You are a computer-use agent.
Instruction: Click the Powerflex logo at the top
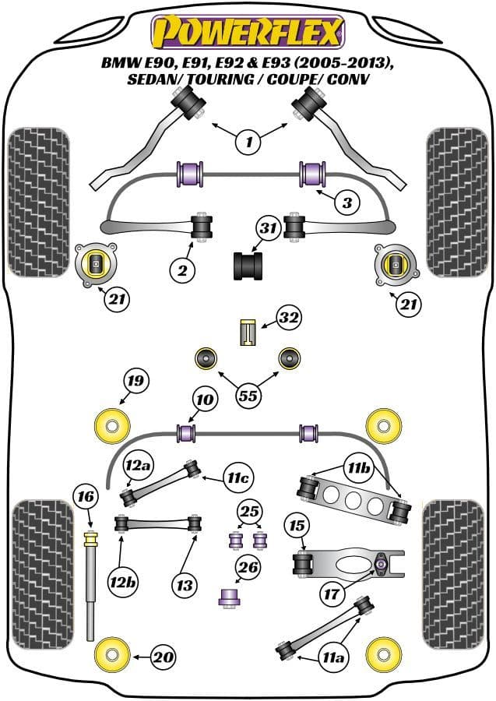[x=248, y=33]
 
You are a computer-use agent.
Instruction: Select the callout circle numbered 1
[x=248, y=141]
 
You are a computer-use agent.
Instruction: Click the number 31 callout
[x=269, y=229]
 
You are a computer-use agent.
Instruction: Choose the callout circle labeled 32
[x=288, y=318]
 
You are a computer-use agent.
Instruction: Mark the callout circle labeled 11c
[x=239, y=477]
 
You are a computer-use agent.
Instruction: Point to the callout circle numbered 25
[x=250, y=512]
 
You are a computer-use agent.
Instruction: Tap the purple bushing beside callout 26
[x=228, y=597]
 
